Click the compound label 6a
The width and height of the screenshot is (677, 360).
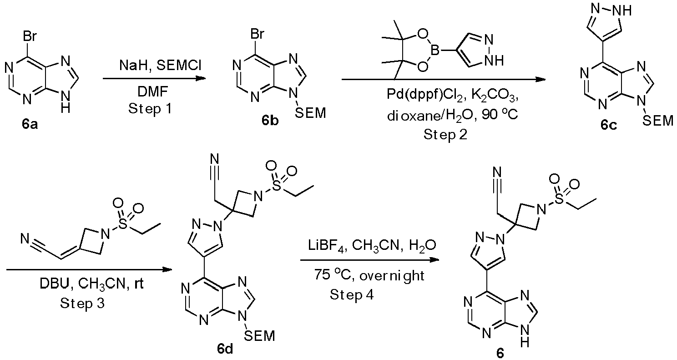[30, 124]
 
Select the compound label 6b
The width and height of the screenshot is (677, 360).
[270, 121]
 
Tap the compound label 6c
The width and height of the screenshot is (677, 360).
[609, 125]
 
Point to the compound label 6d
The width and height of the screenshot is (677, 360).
[225, 349]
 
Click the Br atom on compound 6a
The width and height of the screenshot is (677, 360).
[30, 36]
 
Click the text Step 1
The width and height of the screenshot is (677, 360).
[150, 108]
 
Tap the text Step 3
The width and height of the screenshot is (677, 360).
[82, 303]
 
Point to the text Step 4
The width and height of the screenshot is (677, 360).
[352, 294]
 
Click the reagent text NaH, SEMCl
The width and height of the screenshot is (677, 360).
[161, 65]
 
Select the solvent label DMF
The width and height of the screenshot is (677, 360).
[152, 92]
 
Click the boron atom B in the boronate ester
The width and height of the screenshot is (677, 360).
[435, 51]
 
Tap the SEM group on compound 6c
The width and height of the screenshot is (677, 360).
[657, 121]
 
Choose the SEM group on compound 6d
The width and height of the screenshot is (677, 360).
[259, 336]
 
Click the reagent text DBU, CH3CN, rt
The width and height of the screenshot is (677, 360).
[91, 284]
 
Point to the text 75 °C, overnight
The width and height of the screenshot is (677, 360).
[369, 276]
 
